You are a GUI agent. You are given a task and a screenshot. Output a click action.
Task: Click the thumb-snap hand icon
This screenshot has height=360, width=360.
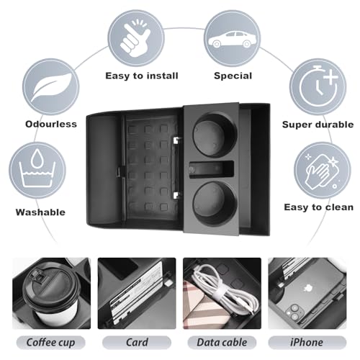[x=135, y=37]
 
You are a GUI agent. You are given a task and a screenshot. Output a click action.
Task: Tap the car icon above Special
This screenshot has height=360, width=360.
[x=232, y=40]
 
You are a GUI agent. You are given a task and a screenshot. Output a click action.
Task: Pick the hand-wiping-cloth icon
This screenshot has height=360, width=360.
[x=322, y=171]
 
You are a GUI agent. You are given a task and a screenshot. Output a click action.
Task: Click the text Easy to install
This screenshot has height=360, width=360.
[x=142, y=76]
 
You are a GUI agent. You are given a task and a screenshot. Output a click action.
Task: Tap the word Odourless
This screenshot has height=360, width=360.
[x=51, y=124]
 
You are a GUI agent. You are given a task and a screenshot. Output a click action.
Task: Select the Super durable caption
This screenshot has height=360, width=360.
[x=318, y=125]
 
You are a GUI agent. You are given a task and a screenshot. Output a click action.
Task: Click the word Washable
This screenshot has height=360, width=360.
[x=40, y=212]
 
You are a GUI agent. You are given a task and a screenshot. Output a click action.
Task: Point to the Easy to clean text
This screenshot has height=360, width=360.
[x=319, y=207]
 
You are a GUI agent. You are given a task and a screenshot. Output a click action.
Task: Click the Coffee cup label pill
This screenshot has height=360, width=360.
[x=50, y=343]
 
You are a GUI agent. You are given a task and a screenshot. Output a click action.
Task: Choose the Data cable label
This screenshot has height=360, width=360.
[x=222, y=343]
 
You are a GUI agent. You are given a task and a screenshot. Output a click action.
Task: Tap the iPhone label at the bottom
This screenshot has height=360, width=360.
[x=307, y=343]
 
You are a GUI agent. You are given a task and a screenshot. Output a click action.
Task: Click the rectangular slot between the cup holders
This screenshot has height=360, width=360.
[x=211, y=169]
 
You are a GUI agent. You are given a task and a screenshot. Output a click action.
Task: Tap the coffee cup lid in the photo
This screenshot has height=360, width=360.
[x=51, y=287]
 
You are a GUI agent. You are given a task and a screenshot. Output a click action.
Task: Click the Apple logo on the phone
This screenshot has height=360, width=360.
[x=307, y=288]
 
